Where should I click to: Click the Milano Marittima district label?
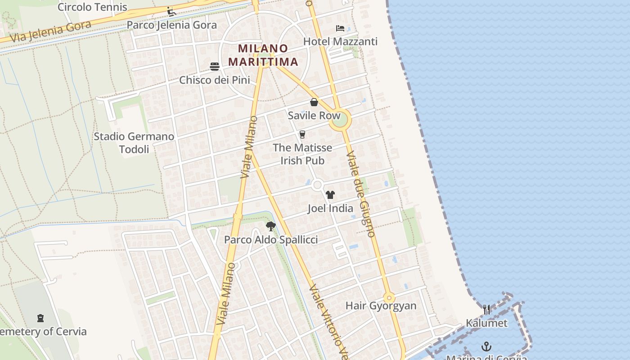pos(263,55)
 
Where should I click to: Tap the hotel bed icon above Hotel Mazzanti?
pos(340,28)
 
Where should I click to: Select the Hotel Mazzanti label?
pos(340,41)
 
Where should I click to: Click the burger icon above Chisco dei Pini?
pos(215,67)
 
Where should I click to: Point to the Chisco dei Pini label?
pos(215,80)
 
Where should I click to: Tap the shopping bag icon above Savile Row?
pos(314,102)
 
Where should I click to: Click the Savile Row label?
pos(314,116)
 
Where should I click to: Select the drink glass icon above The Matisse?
pos(302,134)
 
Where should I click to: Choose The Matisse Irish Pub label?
pos(302,154)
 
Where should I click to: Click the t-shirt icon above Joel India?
pos(330,195)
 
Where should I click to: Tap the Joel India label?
pos(330,208)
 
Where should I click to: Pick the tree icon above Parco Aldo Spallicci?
pos(270,226)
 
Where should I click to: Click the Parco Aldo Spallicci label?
pos(271,240)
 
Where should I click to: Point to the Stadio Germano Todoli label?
pos(134,143)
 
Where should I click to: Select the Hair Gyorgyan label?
pos(381,306)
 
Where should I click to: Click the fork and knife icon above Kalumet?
pos(486,310)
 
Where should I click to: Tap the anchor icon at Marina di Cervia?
pos(486,346)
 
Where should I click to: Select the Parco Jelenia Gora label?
pos(171,25)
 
